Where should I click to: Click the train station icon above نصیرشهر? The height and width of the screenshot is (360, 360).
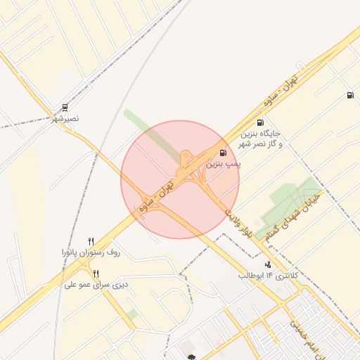(x=65, y=108)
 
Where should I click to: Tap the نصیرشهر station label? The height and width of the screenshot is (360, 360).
(x=65, y=119)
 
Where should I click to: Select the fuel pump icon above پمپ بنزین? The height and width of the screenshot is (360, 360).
(x=223, y=153)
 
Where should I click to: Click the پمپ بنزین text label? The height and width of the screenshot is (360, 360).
(x=224, y=163)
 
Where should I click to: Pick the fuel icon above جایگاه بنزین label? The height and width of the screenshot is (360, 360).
(x=261, y=122)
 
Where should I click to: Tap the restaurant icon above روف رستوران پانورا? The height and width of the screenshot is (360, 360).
(x=91, y=241)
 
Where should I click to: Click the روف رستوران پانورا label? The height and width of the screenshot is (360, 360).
(x=91, y=252)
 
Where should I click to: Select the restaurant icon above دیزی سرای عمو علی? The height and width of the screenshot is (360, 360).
(x=96, y=274)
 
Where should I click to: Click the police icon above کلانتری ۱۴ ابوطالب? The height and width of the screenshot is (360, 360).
(x=267, y=264)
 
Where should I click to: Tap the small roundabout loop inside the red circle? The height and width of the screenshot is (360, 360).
(x=185, y=155)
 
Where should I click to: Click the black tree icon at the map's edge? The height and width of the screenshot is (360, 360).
(x=191, y=356)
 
